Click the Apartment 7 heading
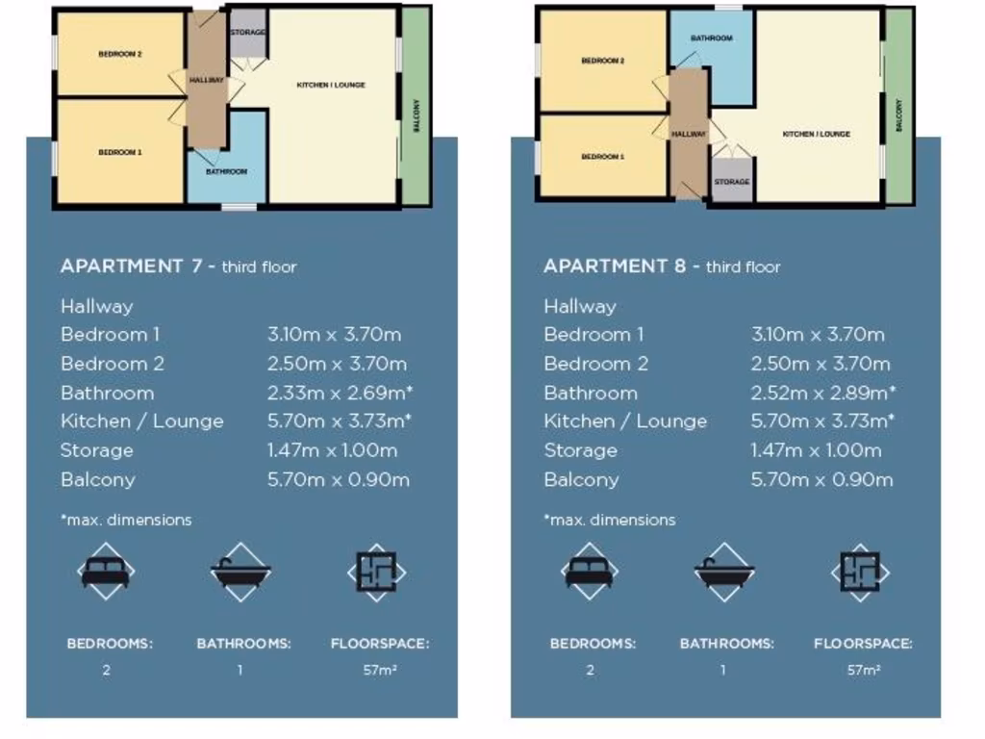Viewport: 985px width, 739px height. pos(178,267)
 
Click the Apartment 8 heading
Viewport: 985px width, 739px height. pos(662,267)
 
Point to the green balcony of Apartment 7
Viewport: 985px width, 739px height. pos(417,106)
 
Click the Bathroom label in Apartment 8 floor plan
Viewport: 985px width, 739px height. pos(711,38)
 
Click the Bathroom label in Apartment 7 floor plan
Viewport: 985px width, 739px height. pos(226,171)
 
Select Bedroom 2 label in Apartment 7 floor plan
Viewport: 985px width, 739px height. pos(120,55)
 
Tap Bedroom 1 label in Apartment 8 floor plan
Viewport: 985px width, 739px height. pos(602,156)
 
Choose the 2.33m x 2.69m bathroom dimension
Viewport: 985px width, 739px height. pos(341,393)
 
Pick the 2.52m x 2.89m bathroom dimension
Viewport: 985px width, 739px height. pos(823,393)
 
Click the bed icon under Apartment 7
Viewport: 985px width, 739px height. pos(106,572)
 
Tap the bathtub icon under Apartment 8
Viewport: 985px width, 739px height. pos(723,572)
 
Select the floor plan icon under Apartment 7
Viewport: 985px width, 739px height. pos(376,572)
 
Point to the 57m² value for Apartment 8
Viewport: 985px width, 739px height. pos(863,671)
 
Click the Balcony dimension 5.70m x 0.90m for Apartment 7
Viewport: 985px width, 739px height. pos(339,479)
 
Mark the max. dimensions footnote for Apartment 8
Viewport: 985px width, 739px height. pos(610,520)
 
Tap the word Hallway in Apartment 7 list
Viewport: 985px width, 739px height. pos(97,306)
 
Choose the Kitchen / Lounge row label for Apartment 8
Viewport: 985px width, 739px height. pos(625,421)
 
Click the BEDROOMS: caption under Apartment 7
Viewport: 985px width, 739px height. pos(109,644)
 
